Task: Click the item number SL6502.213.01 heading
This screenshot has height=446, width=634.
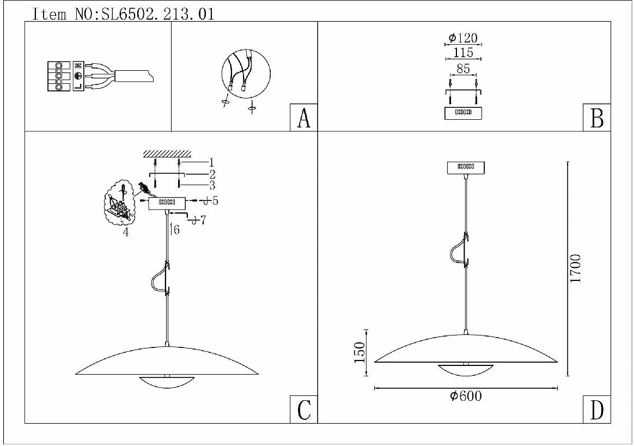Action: point(123,14)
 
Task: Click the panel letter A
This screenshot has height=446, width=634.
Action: point(303,118)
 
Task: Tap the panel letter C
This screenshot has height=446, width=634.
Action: point(303,410)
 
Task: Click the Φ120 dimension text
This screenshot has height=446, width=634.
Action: point(463,38)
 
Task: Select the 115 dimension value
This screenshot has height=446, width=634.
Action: point(463,53)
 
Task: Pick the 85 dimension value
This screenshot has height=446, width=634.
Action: point(463,69)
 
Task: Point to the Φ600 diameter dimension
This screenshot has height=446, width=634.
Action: point(466,396)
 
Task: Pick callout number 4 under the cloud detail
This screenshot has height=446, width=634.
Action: point(126,232)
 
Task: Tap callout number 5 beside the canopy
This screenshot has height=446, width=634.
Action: point(215,201)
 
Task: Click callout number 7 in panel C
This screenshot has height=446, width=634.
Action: point(203,220)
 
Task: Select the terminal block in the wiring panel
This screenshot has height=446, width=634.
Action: point(58,76)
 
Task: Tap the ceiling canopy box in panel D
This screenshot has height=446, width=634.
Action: point(466,168)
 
